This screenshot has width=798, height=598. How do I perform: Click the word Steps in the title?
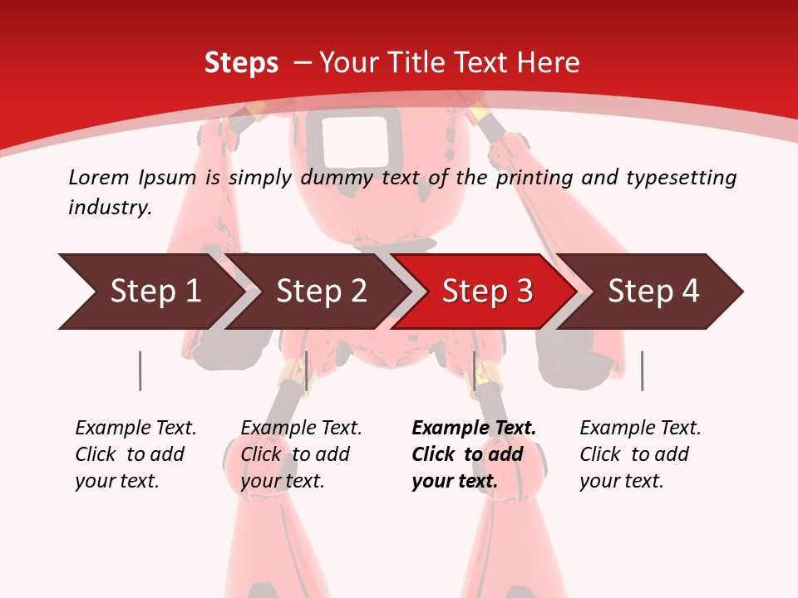tap(241, 63)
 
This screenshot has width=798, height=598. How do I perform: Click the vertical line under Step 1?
tap(140, 370)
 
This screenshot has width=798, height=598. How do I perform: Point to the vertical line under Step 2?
tap(307, 370)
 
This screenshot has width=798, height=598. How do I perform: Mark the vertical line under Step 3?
tap(474, 370)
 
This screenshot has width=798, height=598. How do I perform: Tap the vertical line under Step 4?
tap(642, 370)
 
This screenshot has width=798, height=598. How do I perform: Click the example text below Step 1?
tap(135, 454)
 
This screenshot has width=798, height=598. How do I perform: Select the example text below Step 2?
tap(301, 454)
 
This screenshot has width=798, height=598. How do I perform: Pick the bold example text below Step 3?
tap(474, 454)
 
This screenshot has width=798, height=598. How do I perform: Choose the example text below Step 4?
tap(640, 454)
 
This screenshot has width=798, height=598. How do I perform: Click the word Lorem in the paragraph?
tap(98, 177)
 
